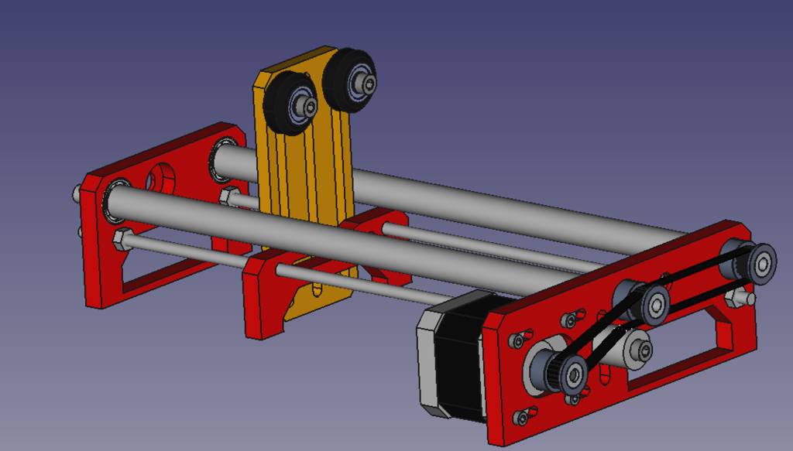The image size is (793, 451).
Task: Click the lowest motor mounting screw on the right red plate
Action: [x=520, y=417]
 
